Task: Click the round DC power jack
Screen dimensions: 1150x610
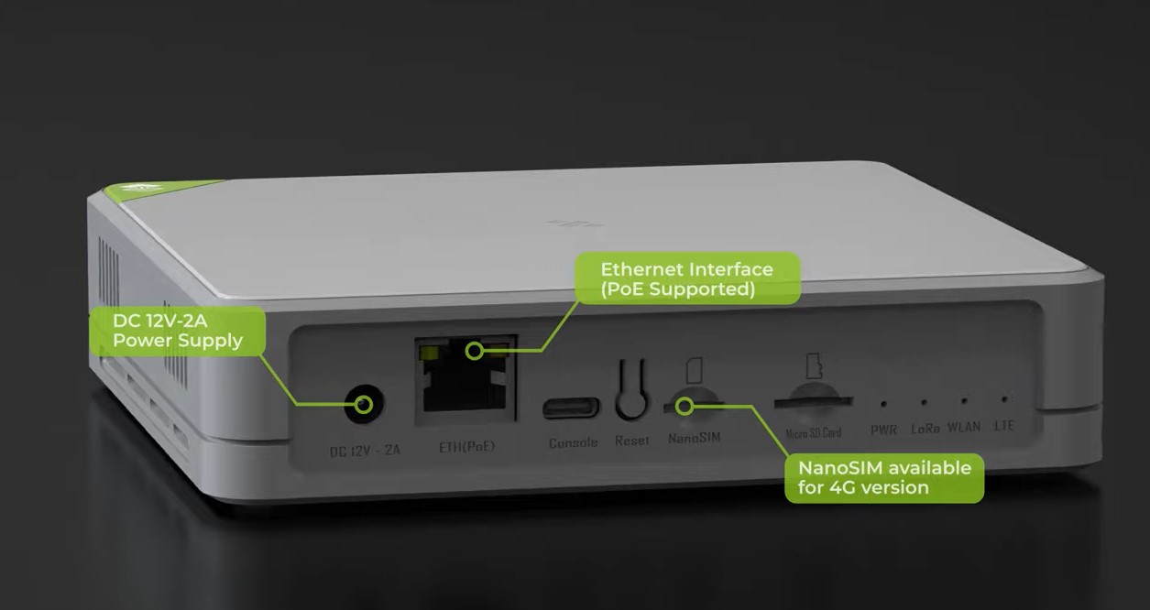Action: coord(364,404)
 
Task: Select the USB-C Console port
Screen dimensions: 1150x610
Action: coord(571,408)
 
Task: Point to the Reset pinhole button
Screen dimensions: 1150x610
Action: coord(631,390)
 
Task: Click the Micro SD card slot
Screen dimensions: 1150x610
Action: coord(813,402)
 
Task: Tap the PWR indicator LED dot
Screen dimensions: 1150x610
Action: coord(883,404)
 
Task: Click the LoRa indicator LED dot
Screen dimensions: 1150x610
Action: coord(924,403)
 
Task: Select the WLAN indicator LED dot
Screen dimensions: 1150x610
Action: coord(964,400)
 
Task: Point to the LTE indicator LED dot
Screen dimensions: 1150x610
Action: coord(1004,398)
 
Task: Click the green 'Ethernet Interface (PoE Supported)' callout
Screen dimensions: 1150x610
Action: coord(687,278)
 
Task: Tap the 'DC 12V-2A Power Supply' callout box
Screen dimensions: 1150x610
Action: coord(178,331)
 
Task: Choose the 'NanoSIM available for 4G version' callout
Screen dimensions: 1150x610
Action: coord(884,477)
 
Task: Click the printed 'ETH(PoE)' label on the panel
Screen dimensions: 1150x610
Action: coord(466,447)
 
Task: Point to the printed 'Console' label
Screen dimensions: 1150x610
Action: coord(573,442)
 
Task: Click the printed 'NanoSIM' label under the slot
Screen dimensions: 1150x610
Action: coord(694,438)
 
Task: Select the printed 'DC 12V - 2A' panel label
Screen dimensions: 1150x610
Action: coord(365,451)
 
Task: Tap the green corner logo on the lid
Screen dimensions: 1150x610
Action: coord(154,189)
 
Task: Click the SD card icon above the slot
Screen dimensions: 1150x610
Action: coord(814,365)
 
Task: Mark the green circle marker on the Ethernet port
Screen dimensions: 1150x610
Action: coord(475,352)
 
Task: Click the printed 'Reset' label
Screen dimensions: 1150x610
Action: coord(632,441)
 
